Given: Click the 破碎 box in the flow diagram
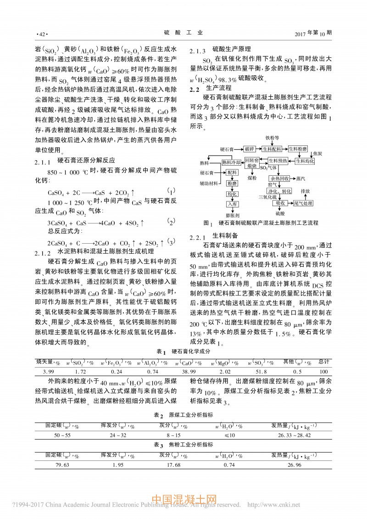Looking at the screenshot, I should pyautogui.click(x=249, y=149).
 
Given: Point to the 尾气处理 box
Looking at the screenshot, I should pyautogui.click(x=303, y=203).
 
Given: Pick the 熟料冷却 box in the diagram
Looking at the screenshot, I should pyautogui.click(x=231, y=162).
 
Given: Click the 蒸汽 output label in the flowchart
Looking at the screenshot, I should pyautogui.click(x=302, y=179).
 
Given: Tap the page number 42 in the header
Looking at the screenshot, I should pyautogui.click(x=41, y=34).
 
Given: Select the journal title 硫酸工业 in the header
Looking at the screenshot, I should pyautogui.click(x=183, y=33).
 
